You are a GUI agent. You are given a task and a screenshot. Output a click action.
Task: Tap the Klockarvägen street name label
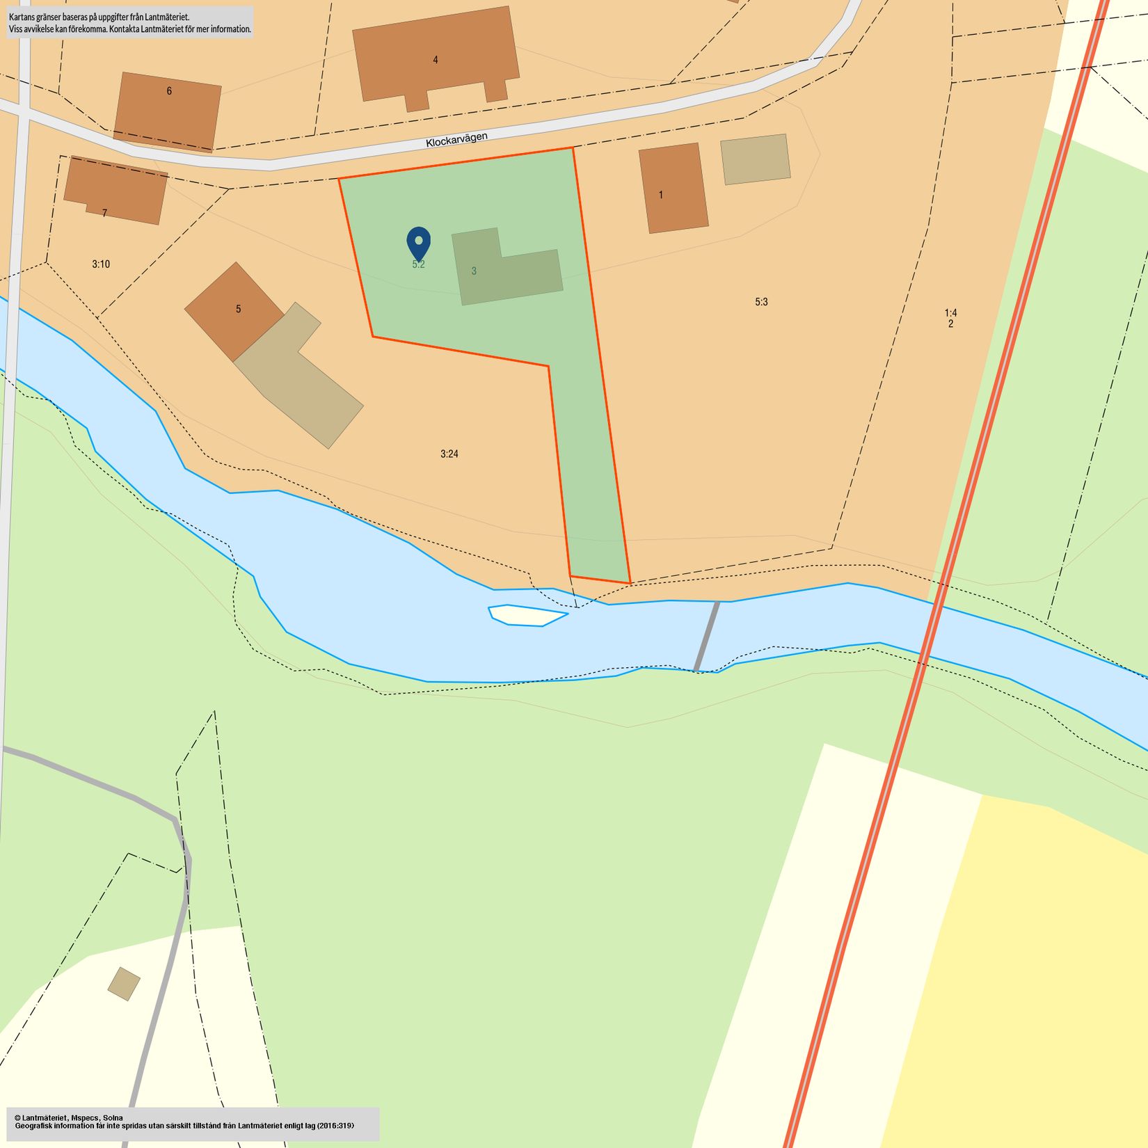click(456, 139)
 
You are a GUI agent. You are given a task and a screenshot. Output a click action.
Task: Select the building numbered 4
click(436, 56)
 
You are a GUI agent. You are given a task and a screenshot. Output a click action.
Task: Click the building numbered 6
click(168, 111)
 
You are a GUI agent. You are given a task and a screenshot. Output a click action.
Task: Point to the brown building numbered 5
click(234, 310)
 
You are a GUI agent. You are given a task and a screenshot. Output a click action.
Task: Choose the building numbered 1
click(673, 188)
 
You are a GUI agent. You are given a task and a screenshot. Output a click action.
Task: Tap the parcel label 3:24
click(449, 454)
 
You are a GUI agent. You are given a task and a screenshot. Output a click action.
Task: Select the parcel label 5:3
click(761, 302)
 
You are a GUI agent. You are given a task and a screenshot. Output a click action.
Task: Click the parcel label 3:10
click(101, 264)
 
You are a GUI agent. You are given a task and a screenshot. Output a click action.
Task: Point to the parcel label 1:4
click(950, 313)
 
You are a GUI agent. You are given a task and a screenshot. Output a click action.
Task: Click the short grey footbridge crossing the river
click(707, 636)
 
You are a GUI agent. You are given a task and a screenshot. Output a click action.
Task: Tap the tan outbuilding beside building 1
click(755, 159)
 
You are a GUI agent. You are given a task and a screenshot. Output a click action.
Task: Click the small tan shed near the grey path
click(124, 984)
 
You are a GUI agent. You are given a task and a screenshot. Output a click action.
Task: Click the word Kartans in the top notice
click(22, 16)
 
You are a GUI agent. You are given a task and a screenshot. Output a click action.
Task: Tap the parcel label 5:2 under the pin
click(418, 265)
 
